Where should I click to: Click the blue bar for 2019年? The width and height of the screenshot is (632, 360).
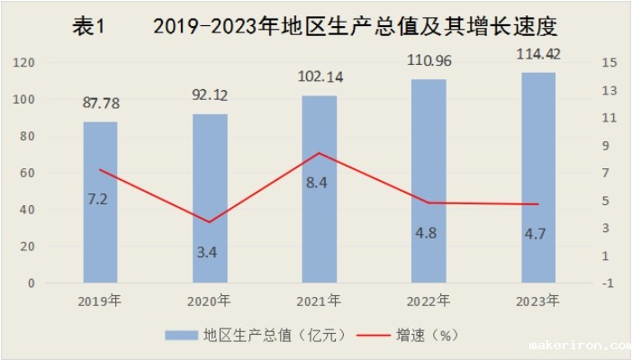[x=100, y=202]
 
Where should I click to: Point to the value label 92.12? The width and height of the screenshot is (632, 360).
[x=210, y=95]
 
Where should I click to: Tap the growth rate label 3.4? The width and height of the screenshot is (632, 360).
[x=207, y=252]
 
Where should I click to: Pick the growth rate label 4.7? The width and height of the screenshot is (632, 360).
[x=537, y=240]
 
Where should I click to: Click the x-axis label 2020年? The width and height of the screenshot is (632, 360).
[x=210, y=301]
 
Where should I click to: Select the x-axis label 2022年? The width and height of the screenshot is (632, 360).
[x=429, y=301]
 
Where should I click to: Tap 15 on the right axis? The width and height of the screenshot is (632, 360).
[x=610, y=62]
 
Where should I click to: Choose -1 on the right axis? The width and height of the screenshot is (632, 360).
[x=610, y=283]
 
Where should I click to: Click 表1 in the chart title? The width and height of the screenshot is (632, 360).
[x=89, y=27]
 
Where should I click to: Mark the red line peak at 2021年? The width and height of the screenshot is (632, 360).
[x=320, y=153]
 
